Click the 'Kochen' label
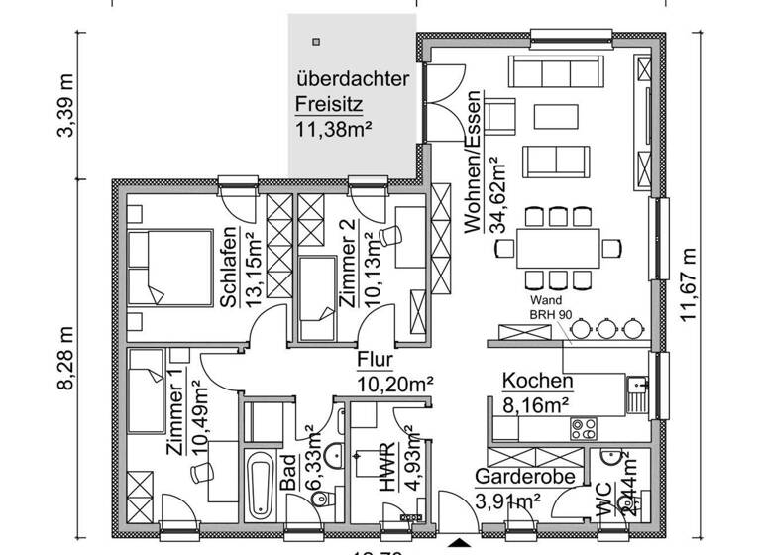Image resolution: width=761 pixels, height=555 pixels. [x=537, y=381]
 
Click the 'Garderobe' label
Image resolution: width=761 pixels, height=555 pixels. [x=524, y=478]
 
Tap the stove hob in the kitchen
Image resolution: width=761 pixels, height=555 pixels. [x=583, y=429]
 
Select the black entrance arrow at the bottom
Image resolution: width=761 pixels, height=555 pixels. [x=459, y=544]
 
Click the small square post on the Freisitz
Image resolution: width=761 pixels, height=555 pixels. [x=316, y=42]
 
